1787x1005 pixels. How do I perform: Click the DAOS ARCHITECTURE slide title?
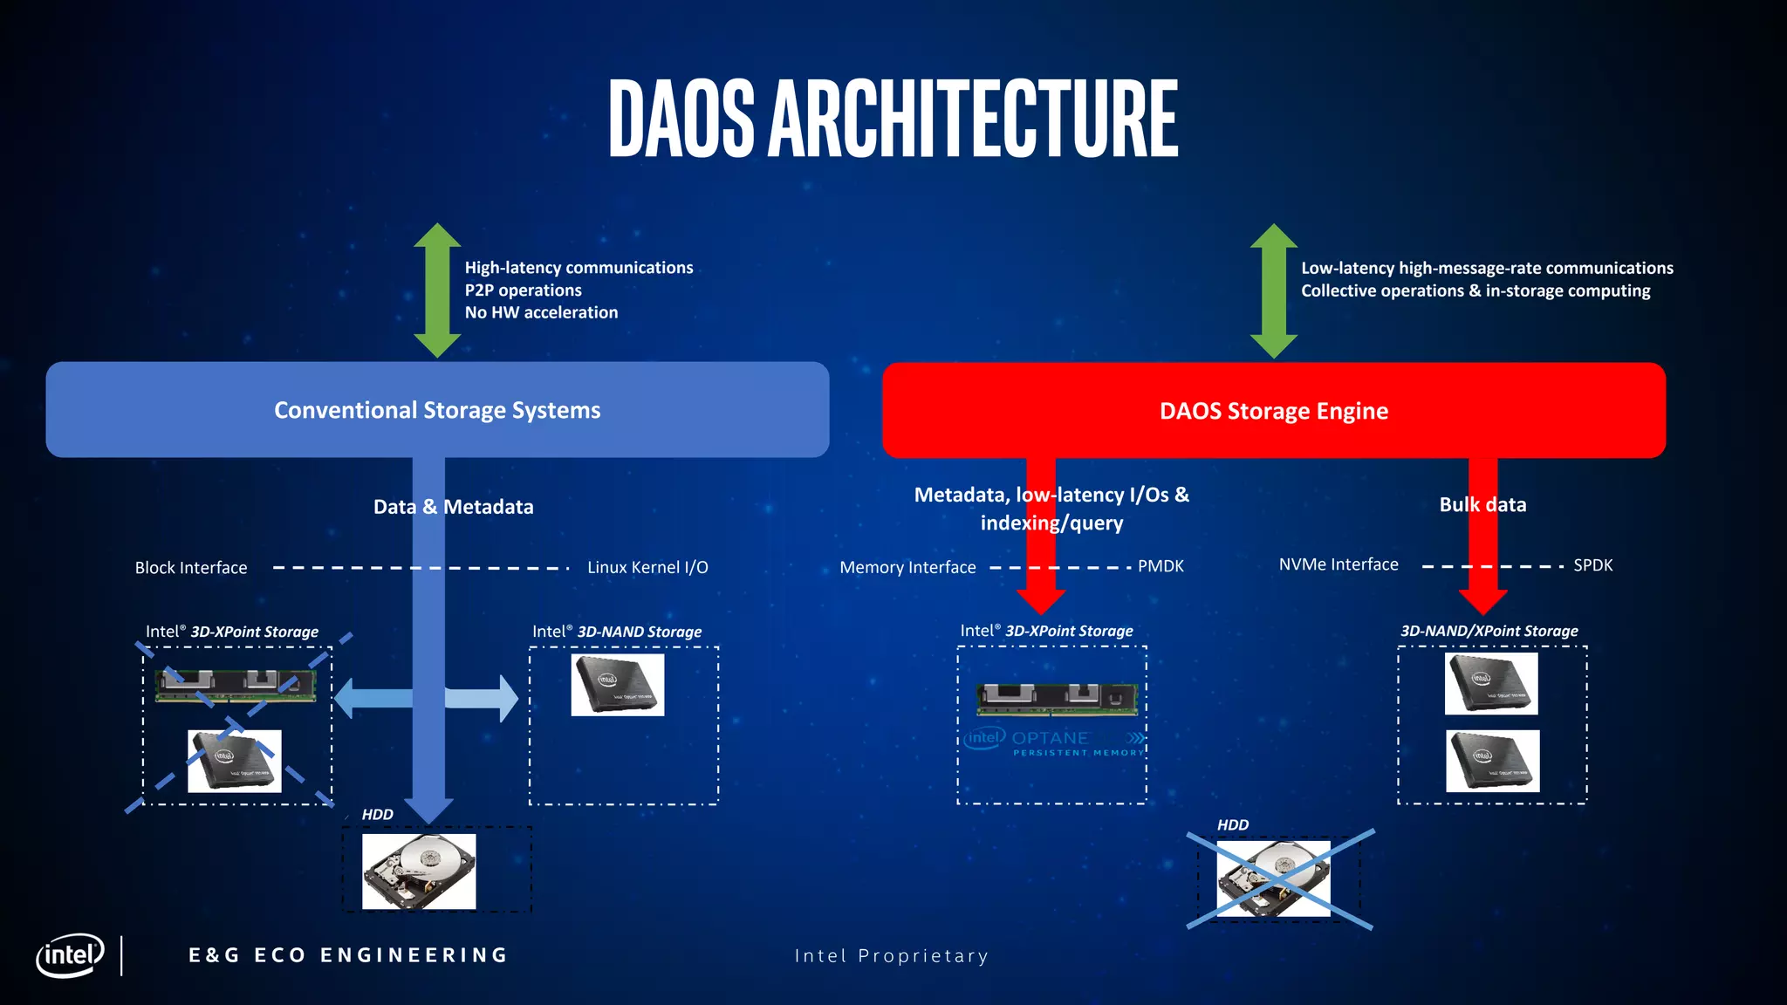893,119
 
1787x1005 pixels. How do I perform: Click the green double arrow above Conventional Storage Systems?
437,291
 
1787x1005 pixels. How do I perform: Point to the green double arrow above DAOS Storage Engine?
1273,291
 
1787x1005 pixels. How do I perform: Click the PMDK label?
1161,566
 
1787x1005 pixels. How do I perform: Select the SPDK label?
1592,565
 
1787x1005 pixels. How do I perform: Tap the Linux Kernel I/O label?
647,567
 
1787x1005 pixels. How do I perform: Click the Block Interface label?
191,568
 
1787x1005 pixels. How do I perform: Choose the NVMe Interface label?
1339,564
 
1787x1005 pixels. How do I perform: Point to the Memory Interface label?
907,567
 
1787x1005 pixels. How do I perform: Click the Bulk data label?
1482,504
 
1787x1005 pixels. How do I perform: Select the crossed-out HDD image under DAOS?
1274,879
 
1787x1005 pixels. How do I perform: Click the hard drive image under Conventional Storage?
419,872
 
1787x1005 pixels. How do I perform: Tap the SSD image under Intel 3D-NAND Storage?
618,685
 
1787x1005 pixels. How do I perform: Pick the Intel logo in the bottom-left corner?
70,955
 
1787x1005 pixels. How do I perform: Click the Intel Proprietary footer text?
892,956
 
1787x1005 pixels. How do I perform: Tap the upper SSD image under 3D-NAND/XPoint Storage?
1491,684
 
